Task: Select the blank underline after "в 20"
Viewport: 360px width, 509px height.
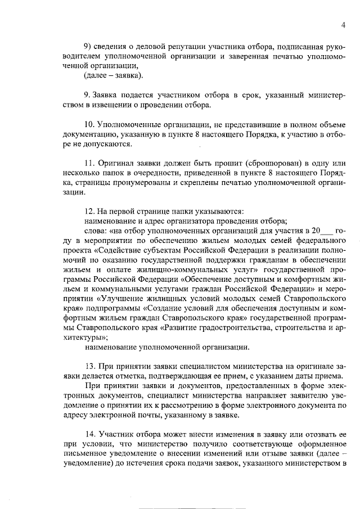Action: (x=327, y=232)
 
